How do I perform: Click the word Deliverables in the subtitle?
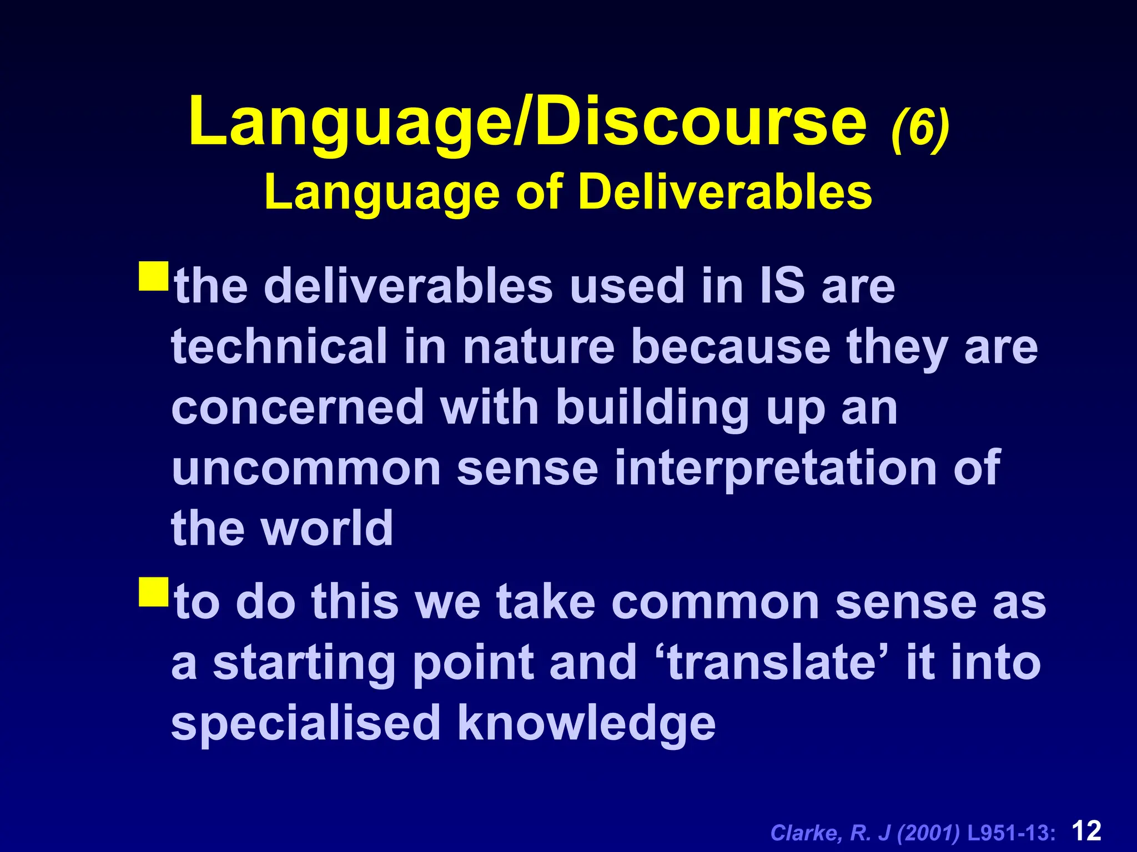[x=725, y=192]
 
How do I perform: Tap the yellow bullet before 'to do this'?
[x=154, y=592]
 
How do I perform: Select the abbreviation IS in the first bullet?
[x=782, y=286]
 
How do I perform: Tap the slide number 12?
[x=1086, y=831]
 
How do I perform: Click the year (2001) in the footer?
[x=928, y=833]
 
